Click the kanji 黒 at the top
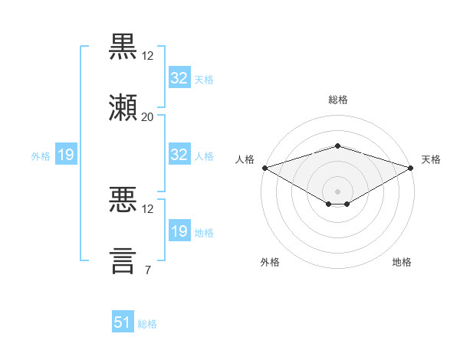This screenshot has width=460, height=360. pyautogui.click(x=123, y=47)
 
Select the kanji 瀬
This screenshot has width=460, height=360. pyautogui.click(x=123, y=107)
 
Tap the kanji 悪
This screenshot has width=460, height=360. pyautogui.click(x=123, y=199)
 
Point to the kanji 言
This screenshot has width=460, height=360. pyautogui.click(x=123, y=261)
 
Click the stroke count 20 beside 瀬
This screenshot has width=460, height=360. pyautogui.click(x=147, y=117)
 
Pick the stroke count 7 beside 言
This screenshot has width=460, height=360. pyautogui.click(x=148, y=270)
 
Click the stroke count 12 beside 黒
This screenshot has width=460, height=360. pyautogui.click(x=147, y=56)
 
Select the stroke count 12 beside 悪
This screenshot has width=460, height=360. pyautogui.click(x=147, y=209)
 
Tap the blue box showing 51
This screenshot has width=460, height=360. pyautogui.click(x=123, y=321)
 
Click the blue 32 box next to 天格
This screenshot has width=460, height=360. pyautogui.click(x=179, y=77)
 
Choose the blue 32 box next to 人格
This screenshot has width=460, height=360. pyautogui.click(x=179, y=154)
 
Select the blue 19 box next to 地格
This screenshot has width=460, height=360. pyautogui.click(x=179, y=230)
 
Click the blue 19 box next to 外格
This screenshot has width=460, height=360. pyautogui.click(x=66, y=154)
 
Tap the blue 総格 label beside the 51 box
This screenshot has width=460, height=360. pyautogui.click(x=147, y=324)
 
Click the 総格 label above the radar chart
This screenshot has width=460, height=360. pyautogui.click(x=338, y=100)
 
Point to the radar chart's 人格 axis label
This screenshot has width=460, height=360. pyautogui.click(x=245, y=159)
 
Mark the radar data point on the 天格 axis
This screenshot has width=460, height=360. pyautogui.click(x=411, y=168)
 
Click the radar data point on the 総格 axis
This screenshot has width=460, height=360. pyautogui.click(x=338, y=146)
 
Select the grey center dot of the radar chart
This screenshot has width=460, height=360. pyautogui.click(x=337, y=191)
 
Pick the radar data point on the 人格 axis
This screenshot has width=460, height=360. pyautogui.click(x=265, y=168)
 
